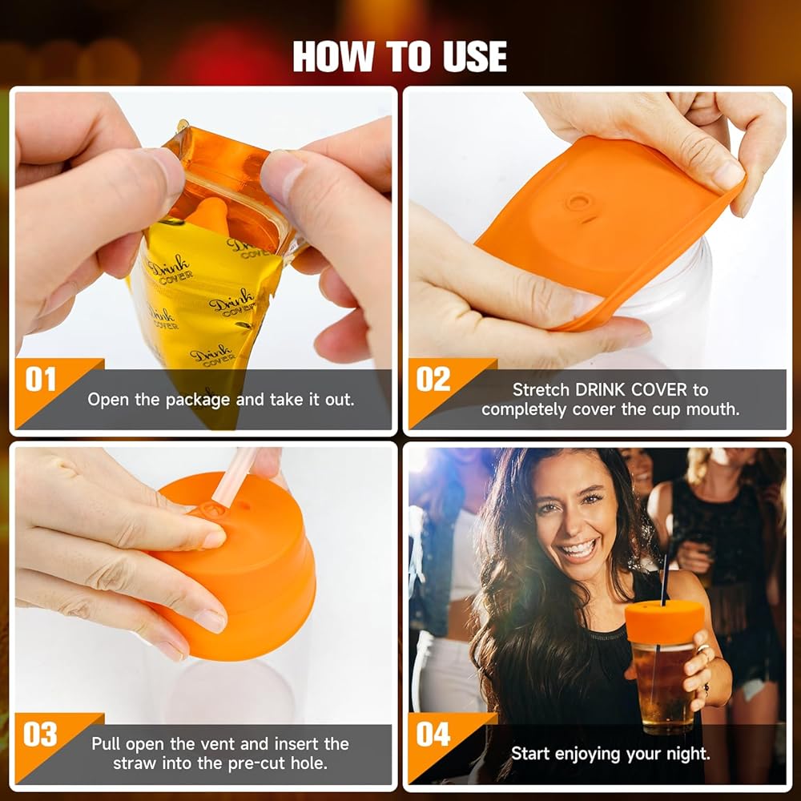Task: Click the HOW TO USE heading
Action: [400, 57]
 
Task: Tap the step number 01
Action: [40, 380]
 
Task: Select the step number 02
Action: [433, 380]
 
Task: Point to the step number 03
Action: [40, 735]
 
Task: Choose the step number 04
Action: [433, 735]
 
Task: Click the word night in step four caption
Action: [686, 754]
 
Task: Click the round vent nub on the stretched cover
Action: [579, 202]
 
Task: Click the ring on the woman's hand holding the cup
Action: [702, 649]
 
